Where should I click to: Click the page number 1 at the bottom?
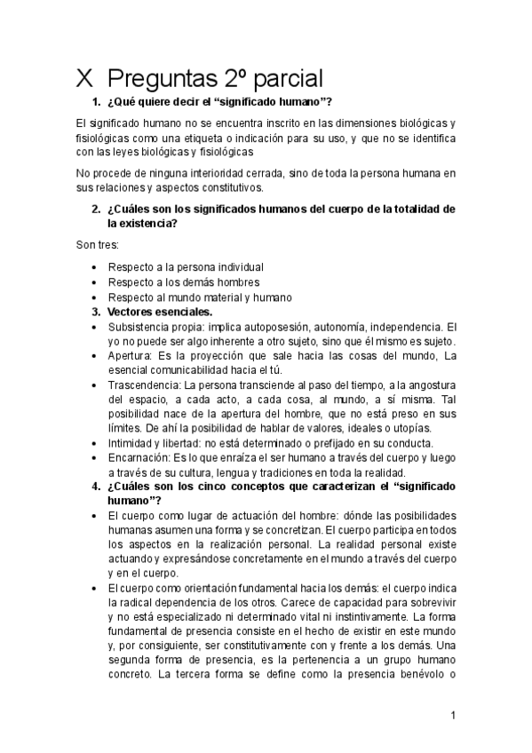click(x=453, y=715)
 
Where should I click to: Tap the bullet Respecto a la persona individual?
click(x=186, y=266)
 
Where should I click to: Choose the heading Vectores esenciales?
click(x=160, y=312)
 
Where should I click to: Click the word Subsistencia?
click(x=141, y=327)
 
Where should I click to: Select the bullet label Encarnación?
click(x=141, y=457)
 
